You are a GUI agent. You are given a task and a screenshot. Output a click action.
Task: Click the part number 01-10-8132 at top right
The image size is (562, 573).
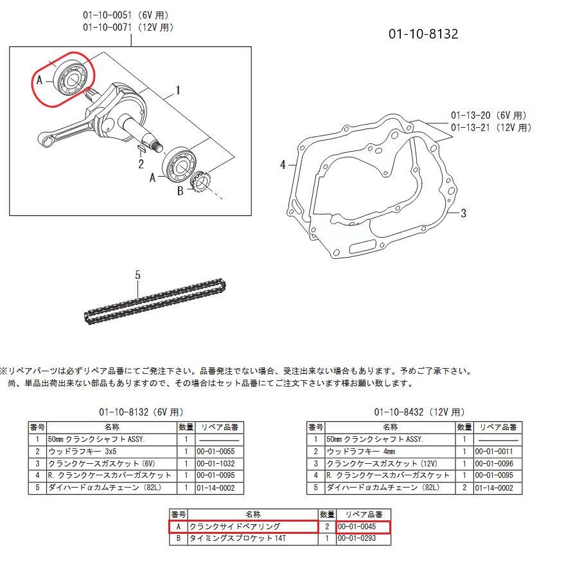click(x=423, y=34)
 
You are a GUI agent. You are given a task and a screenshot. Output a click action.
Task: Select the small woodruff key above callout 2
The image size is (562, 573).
click(x=142, y=149)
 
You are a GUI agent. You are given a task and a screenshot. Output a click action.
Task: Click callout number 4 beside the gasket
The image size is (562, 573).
click(x=283, y=165)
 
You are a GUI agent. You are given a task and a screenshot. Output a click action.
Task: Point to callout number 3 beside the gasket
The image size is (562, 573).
click(x=463, y=213)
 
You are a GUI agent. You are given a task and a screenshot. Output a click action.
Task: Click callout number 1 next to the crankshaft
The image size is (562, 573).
click(x=177, y=91)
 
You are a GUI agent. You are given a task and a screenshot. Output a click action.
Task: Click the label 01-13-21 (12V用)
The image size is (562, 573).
click(x=491, y=128)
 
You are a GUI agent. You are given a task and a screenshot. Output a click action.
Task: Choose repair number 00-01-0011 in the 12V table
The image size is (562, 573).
click(x=498, y=452)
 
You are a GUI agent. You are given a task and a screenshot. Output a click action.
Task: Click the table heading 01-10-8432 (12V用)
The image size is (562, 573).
click(x=419, y=412)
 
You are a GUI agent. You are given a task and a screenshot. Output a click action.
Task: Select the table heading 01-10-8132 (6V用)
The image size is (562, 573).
click(x=142, y=412)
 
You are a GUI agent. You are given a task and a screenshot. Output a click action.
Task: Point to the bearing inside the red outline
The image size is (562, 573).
click(x=69, y=78)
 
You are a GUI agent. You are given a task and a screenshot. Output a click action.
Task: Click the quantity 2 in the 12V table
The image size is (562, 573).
click(x=464, y=488)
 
